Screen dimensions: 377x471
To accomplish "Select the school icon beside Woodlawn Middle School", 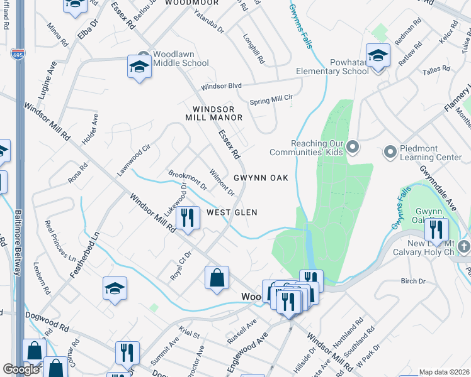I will click(139, 67).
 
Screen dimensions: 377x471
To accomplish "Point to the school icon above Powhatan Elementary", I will click(378, 56).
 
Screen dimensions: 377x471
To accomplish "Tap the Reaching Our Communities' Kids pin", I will click(353, 147).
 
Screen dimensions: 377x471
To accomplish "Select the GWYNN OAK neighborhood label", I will click(261, 178).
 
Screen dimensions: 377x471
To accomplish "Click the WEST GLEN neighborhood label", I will click(232, 212).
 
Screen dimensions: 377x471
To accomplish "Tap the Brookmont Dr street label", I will click(187, 180).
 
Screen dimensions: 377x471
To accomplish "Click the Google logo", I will click(21, 369).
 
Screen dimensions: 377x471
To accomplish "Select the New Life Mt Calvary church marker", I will click(465, 246).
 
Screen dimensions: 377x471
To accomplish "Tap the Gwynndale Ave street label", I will click(439, 180).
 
